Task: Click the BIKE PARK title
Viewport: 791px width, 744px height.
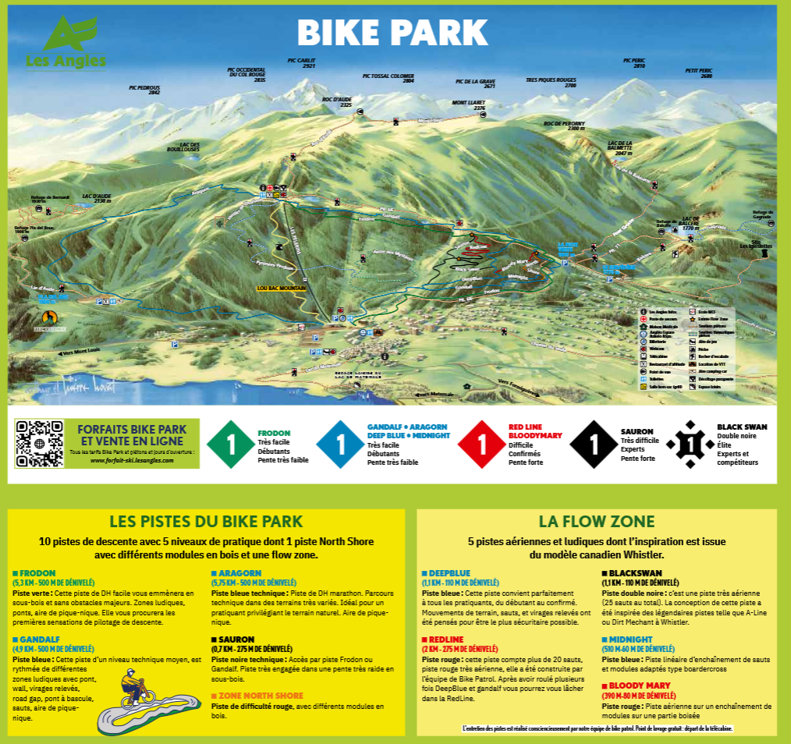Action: pos(392,32)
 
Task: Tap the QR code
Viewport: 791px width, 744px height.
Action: pos(38,444)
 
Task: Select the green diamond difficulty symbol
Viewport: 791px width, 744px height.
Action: pos(230,445)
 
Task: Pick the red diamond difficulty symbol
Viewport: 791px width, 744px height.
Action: pos(481,445)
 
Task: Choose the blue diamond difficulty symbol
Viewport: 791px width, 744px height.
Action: pos(340,445)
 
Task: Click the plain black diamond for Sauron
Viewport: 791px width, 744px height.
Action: pos(594,445)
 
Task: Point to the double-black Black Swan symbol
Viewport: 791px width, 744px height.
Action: pos(690,445)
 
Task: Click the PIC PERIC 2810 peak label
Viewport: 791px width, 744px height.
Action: pos(634,62)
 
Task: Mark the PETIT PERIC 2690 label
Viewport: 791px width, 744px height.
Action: pos(699,73)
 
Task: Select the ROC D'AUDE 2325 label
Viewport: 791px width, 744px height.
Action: pos(337,101)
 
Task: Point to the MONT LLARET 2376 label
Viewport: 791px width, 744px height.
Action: pos(468,105)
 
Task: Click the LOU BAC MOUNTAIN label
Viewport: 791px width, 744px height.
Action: pos(282,288)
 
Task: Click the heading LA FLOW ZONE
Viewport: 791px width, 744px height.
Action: pos(597,521)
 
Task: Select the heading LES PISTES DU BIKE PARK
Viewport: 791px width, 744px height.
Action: pos(206,521)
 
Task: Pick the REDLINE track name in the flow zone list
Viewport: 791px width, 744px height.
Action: pos(441,639)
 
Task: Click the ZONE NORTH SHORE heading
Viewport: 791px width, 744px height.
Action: pos(261,695)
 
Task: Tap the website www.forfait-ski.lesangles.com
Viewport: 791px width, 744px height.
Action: pos(132,461)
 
